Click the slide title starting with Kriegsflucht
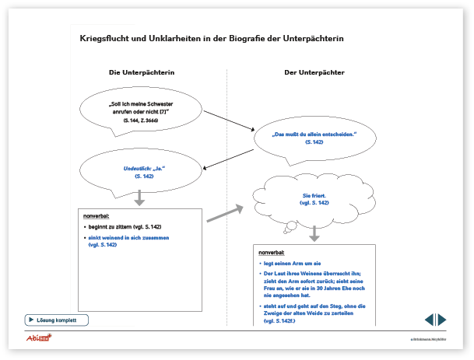pyautogui.click(x=211, y=37)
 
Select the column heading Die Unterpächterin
pyautogui.click(x=141, y=72)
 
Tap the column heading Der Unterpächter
pyautogui.click(x=314, y=72)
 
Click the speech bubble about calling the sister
pyautogui.click(x=139, y=113)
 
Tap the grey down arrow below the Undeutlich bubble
pyautogui.click(x=140, y=200)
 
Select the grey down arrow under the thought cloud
pyautogui.click(x=314, y=233)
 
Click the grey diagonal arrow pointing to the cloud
pyautogui.click(x=226, y=213)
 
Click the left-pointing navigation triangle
pyautogui.click(x=429, y=320)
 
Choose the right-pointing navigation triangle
pyautogui.click(x=442, y=320)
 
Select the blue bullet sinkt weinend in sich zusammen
pyautogui.click(x=128, y=240)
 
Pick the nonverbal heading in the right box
pyautogui.click(x=272, y=253)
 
